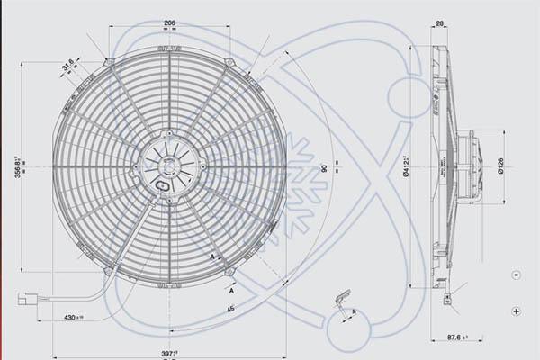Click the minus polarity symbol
(516, 272)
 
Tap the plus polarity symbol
(516, 310)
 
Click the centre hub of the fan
(168, 166)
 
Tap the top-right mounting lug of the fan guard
(230, 62)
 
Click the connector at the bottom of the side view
(447, 292)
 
